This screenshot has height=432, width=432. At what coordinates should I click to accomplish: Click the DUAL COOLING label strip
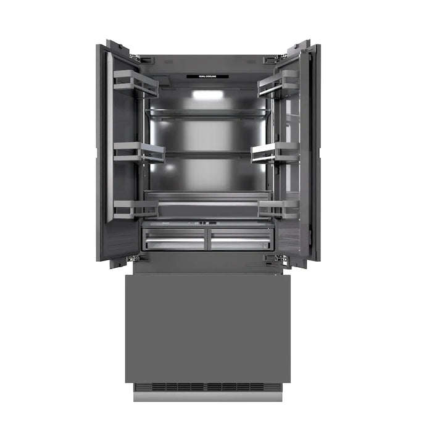coord(207,77)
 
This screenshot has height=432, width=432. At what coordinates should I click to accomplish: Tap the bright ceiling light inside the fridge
coord(207,94)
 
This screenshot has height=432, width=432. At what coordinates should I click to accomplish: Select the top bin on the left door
coord(135,83)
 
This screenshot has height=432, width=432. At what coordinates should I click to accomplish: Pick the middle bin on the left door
coord(139,152)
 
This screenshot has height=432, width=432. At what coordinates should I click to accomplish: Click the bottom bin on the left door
coord(136,209)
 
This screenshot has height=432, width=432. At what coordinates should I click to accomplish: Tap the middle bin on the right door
coord(275,152)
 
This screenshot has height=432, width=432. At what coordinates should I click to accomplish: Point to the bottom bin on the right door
coord(278,209)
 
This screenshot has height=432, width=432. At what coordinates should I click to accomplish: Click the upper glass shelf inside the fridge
coord(207,113)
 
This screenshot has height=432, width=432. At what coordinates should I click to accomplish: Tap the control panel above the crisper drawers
coord(207,223)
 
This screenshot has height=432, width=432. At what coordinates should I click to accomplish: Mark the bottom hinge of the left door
coord(139,257)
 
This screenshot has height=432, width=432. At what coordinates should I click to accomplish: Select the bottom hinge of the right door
coord(275,257)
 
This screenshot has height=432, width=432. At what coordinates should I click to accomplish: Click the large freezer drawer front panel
coord(207,327)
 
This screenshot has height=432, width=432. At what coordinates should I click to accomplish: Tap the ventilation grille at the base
coord(207,387)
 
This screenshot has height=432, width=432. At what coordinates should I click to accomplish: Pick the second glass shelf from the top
coord(207,153)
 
